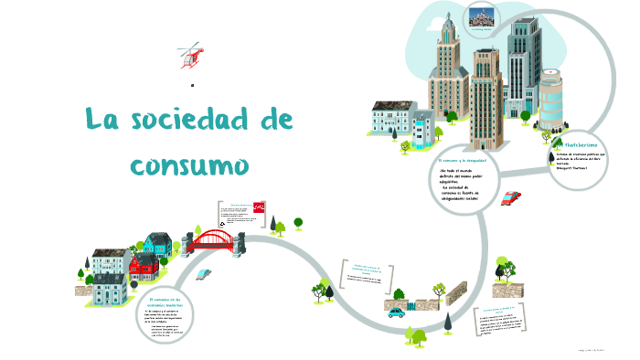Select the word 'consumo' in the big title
[x=190, y=165]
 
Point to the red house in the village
[x=143, y=268]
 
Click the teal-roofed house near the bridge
[x=158, y=243]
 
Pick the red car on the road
[x=512, y=198]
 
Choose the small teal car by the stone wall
[x=396, y=312]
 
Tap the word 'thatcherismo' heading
[x=585, y=144]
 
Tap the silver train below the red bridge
[x=206, y=272]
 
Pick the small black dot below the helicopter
[x=193, y=86]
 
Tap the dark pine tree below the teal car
[x=449, y=323]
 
